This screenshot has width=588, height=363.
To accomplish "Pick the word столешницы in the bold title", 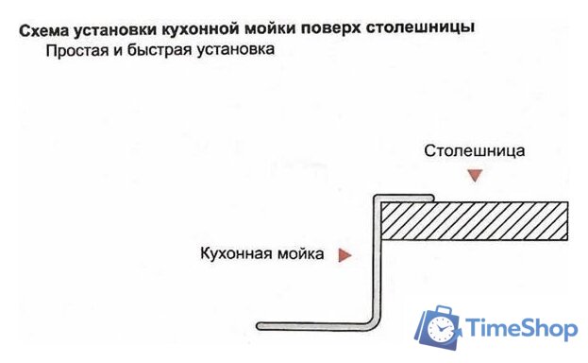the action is pyautogui.click(x=423, y=28).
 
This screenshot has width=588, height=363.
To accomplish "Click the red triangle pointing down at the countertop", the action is pyautogui.click(x=475, y=175).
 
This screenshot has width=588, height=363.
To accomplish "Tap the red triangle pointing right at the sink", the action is pyautogui.click(x=344, y=254).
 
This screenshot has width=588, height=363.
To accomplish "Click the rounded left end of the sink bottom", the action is pyautogui.click(x=261, y=325).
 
